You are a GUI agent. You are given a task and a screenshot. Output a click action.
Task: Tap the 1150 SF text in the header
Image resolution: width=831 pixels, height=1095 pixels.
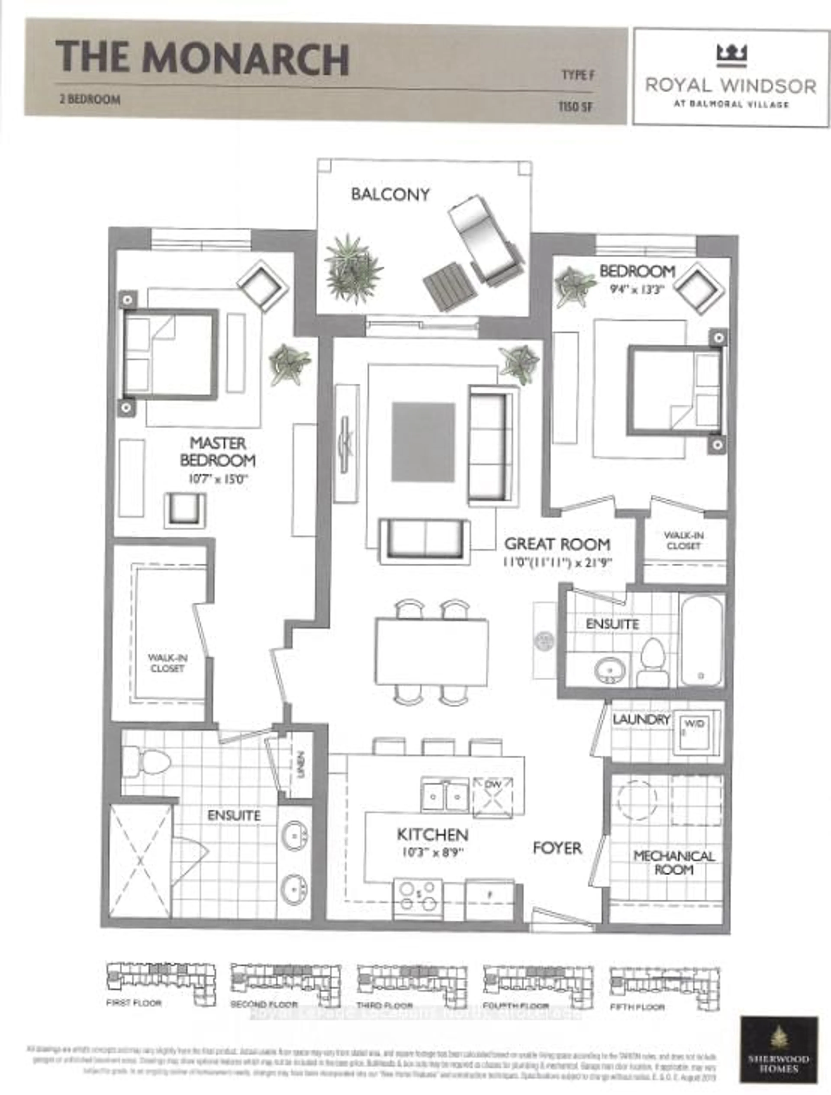coord(575,107)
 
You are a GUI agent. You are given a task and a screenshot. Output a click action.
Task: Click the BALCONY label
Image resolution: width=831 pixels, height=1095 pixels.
coord(390,195)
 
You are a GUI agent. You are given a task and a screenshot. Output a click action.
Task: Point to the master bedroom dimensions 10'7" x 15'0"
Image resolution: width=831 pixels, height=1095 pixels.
coord(218,479)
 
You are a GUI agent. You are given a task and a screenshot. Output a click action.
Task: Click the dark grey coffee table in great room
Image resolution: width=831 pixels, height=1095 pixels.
coord(423,441)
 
